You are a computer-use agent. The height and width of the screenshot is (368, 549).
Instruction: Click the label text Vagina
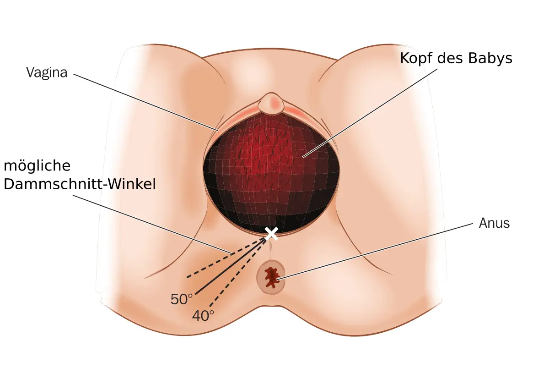47,72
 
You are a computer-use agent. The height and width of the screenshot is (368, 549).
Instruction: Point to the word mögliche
37,165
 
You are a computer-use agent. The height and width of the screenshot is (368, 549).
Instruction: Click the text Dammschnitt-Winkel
80,184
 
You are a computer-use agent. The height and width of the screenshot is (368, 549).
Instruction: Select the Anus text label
494,223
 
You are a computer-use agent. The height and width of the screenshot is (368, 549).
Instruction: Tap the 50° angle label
182,300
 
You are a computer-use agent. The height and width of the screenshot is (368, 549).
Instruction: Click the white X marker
271,233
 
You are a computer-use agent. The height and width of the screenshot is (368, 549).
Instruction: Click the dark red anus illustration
273,277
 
